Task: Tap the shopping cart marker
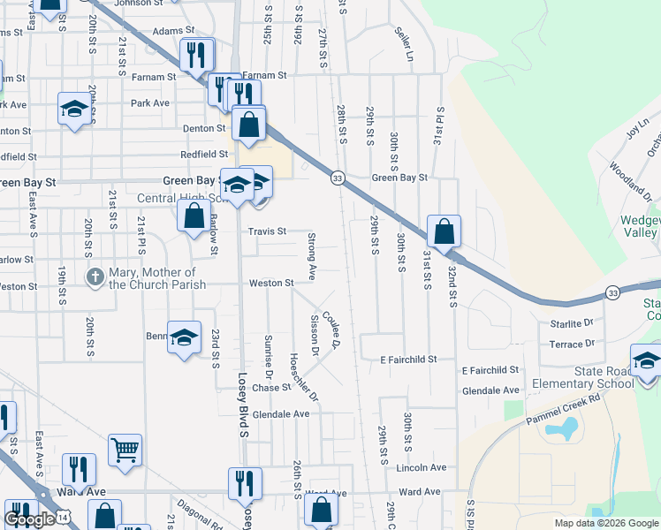point(125,450)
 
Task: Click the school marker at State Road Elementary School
point(646,363)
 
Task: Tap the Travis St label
point(267,231)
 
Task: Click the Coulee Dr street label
point(331,329)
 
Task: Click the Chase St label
point(271,388)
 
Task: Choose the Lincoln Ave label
point(422,467)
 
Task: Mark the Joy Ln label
point(633,132)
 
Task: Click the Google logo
point(29,520)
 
